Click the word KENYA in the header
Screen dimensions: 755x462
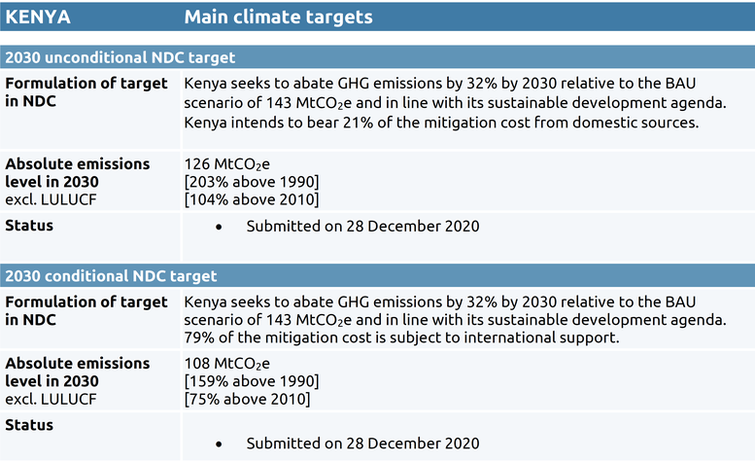38,17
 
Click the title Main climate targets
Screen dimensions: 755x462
278,18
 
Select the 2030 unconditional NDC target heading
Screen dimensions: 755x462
120,57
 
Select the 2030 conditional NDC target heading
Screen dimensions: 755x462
111,276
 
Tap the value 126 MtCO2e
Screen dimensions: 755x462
226,164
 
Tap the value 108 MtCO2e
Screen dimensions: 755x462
226,364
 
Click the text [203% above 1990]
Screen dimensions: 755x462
252,182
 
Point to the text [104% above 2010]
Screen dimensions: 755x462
252,200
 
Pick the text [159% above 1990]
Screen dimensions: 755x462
252,381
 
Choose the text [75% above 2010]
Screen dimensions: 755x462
247,400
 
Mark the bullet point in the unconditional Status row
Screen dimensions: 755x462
219,227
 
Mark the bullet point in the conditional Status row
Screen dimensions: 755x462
219,444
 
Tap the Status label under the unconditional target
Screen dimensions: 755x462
29,226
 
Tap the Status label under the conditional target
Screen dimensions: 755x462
29,425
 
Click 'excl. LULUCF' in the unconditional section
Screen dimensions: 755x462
51,200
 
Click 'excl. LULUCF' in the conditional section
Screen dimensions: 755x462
51,400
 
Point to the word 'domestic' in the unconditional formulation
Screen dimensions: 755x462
603,123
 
